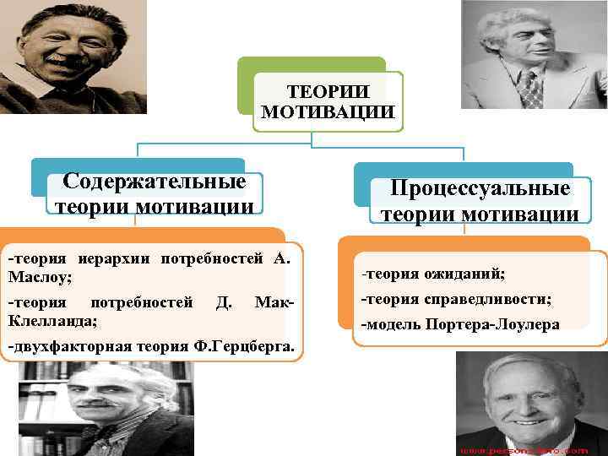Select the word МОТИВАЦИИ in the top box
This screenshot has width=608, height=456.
pyautogui.click(x=328, y=111)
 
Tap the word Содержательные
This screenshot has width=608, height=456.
pyautogui.click(x=155, y=182)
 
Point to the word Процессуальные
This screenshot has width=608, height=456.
pyautogui.click(x=480, y=189)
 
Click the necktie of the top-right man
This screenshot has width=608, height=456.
pyautogui.click(x=531, y=89)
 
